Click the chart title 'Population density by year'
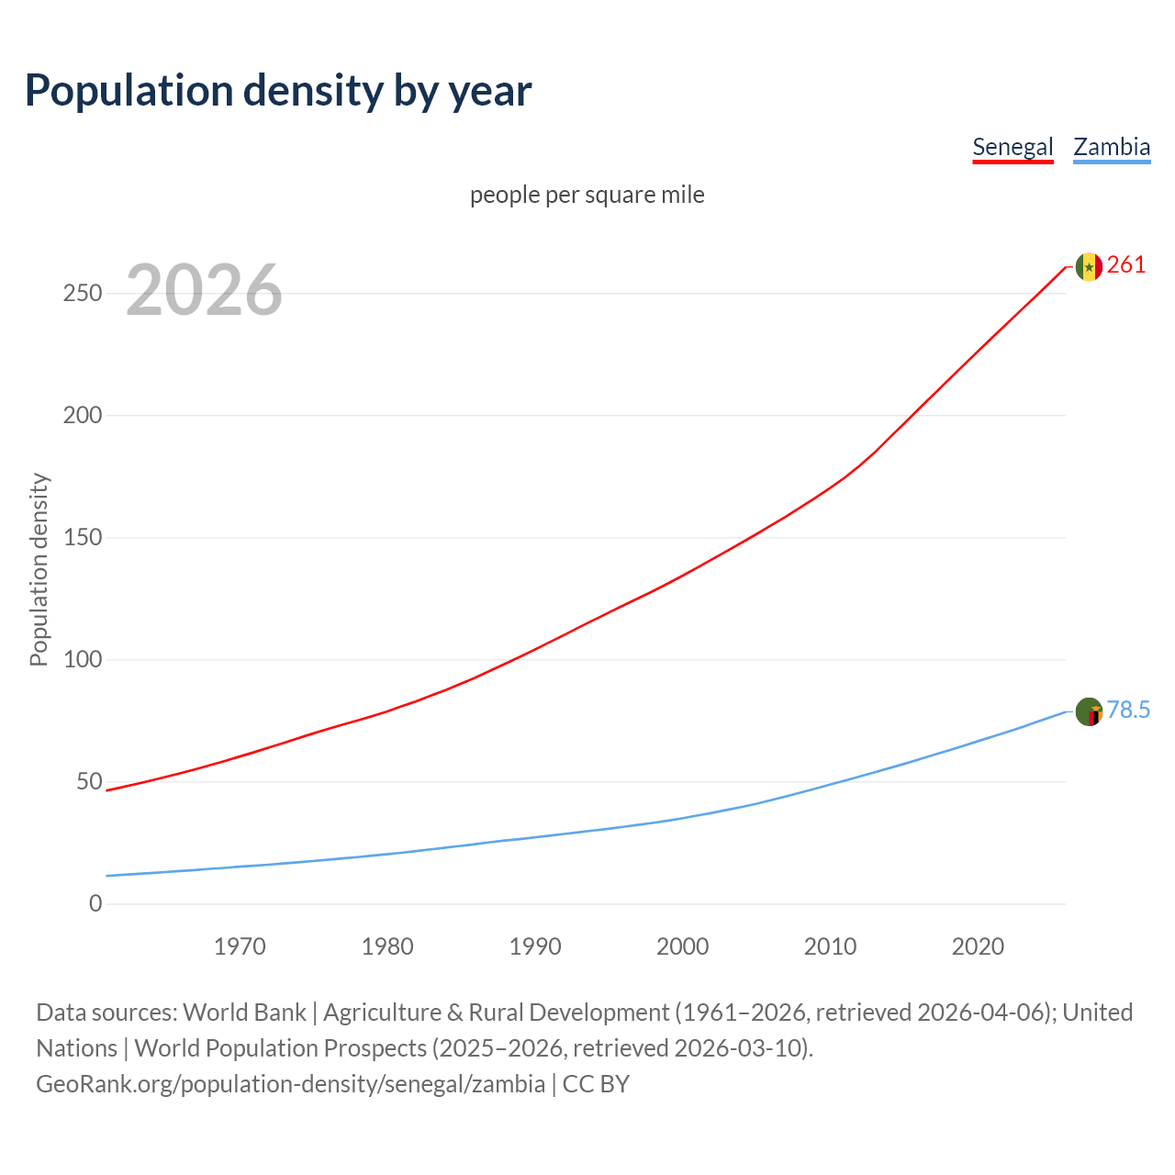[278, 91]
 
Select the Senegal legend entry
[1013, 147]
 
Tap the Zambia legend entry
[1112, 147]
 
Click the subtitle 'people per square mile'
[587, 195]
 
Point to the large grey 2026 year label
[204, 290]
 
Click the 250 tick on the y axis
[83, 294]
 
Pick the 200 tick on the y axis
[83, 415]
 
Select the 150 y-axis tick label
[83, 537]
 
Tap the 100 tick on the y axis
[83, 659]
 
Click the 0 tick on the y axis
[95, 903]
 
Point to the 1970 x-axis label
[240, 946]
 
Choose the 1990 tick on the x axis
[535, 946]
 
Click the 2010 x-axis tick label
[830, 946]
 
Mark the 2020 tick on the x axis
[978, 946]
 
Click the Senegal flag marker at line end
[1089, 266]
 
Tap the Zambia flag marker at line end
[1089, 711]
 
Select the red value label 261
[1126, 265]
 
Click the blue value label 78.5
[1128, 711]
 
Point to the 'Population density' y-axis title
[39, 569]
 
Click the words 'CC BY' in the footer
[596, 1084]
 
